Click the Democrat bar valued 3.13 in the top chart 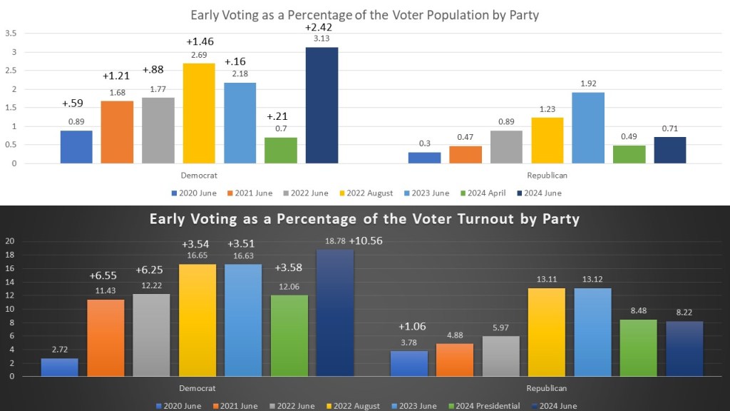click(322, 105)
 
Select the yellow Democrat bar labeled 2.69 click(199, 113)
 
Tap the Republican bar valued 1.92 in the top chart click(587, 128)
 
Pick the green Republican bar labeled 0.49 click(629, 154)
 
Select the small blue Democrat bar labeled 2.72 click(59, 367)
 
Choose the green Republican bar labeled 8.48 click(638, 347)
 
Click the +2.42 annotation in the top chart click(318, 27)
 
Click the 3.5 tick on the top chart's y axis click(11, 33)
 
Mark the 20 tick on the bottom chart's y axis click(10, 240)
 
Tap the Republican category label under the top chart click(547, 175)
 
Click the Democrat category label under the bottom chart click(197, 388)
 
